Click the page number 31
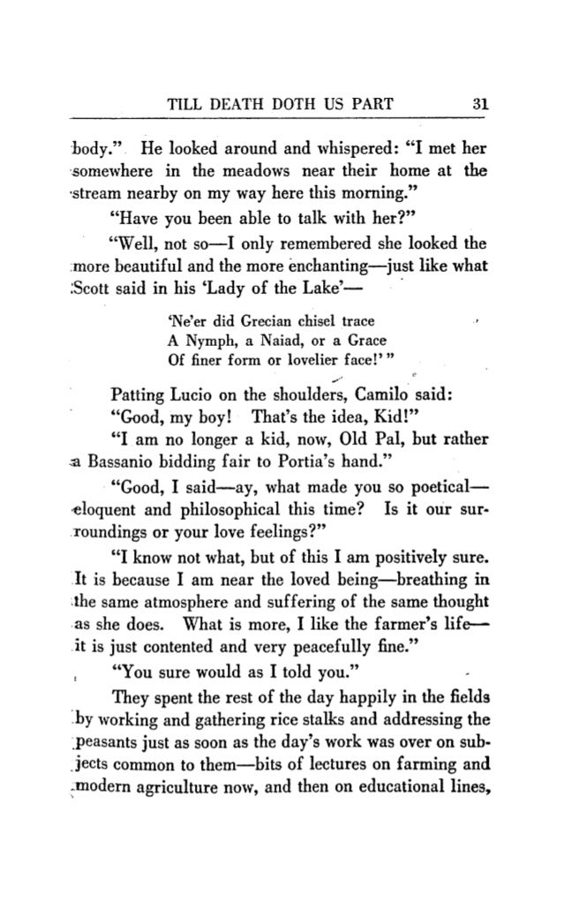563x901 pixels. (480, 102)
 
